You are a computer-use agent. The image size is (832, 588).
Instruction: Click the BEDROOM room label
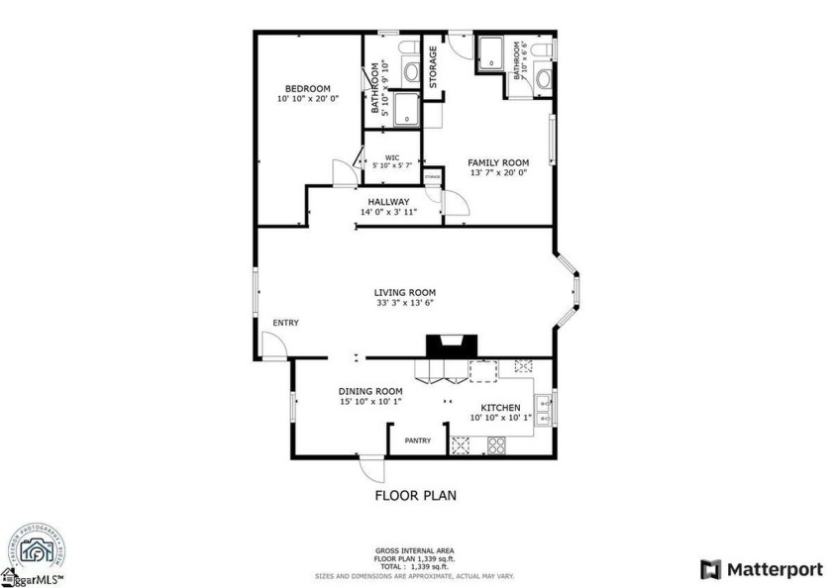(x=307, y=88)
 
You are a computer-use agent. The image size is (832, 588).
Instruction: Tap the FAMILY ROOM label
(x=498, y=162)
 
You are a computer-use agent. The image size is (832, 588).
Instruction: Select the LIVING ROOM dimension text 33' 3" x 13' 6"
(x=405, y=304)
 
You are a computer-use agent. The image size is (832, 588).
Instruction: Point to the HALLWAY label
(x=388, y=201)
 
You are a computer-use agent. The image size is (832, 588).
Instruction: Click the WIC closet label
(x=392, y=156)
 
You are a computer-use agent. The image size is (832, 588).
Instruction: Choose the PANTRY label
(x=418, y=441)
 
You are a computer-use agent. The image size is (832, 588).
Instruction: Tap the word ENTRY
(x=286, y=323)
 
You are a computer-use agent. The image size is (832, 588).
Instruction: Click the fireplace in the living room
(x=452, y=345)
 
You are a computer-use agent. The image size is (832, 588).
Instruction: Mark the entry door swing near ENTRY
(x=274, y=344)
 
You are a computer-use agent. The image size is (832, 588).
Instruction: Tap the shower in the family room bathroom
(x=490, y=53)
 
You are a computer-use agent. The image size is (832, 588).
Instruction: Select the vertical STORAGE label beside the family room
(x=434, y=65)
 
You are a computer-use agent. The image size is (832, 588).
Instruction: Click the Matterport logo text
(x=776, y=569)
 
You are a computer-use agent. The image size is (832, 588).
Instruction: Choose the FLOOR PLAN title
(x=415, y=495)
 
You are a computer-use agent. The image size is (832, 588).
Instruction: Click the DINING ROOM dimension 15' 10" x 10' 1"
(x=370, y=402)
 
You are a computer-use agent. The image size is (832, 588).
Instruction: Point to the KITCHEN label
(x=500, y=407)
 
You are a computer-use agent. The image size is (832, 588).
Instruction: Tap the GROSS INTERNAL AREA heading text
(x=415, y=550)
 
